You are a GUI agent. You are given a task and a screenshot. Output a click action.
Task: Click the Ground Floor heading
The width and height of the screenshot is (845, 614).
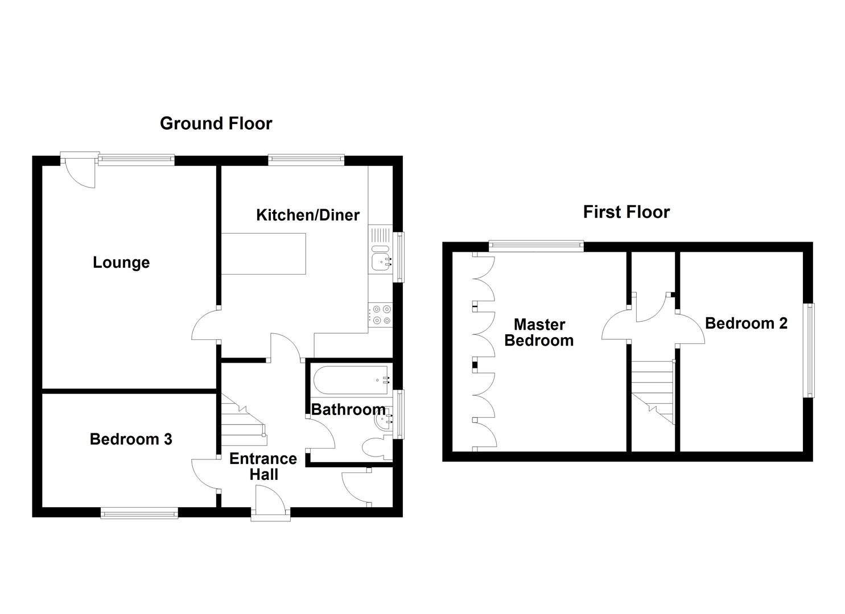click(x=216, y=123)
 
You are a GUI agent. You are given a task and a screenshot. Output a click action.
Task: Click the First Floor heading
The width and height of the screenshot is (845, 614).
click(x=626, y=212)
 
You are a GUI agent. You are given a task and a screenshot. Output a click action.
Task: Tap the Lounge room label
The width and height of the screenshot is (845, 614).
click(x=121, y=263)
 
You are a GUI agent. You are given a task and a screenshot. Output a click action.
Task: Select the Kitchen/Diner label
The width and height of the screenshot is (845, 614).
click(x=308, y=215)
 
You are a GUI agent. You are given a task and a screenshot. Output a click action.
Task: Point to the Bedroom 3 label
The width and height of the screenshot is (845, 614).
click(x=131, y=439)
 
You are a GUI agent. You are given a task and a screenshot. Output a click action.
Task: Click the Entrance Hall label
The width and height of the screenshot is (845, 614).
click(x=263, y=466)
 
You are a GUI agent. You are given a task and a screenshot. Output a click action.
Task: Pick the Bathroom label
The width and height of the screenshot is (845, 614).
click(x=348, y=409)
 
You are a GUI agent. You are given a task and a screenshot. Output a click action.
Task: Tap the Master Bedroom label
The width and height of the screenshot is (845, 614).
click(x=539, y=333)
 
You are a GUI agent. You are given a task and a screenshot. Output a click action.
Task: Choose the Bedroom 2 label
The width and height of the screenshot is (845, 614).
click(x=746, y=323)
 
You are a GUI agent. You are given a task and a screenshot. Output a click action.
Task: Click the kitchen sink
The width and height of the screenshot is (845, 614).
click(x=381, y=262)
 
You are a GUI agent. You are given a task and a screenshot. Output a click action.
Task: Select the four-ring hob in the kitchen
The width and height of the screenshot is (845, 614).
click(x=381, y=315)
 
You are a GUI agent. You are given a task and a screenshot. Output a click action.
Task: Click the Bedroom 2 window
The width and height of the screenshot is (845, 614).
click(x=809, y=350)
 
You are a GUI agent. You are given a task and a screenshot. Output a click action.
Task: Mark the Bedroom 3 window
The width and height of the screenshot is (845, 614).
click(x=139, y=513)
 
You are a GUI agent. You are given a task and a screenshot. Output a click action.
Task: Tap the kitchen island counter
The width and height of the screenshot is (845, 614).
click(x=263, y=254)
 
